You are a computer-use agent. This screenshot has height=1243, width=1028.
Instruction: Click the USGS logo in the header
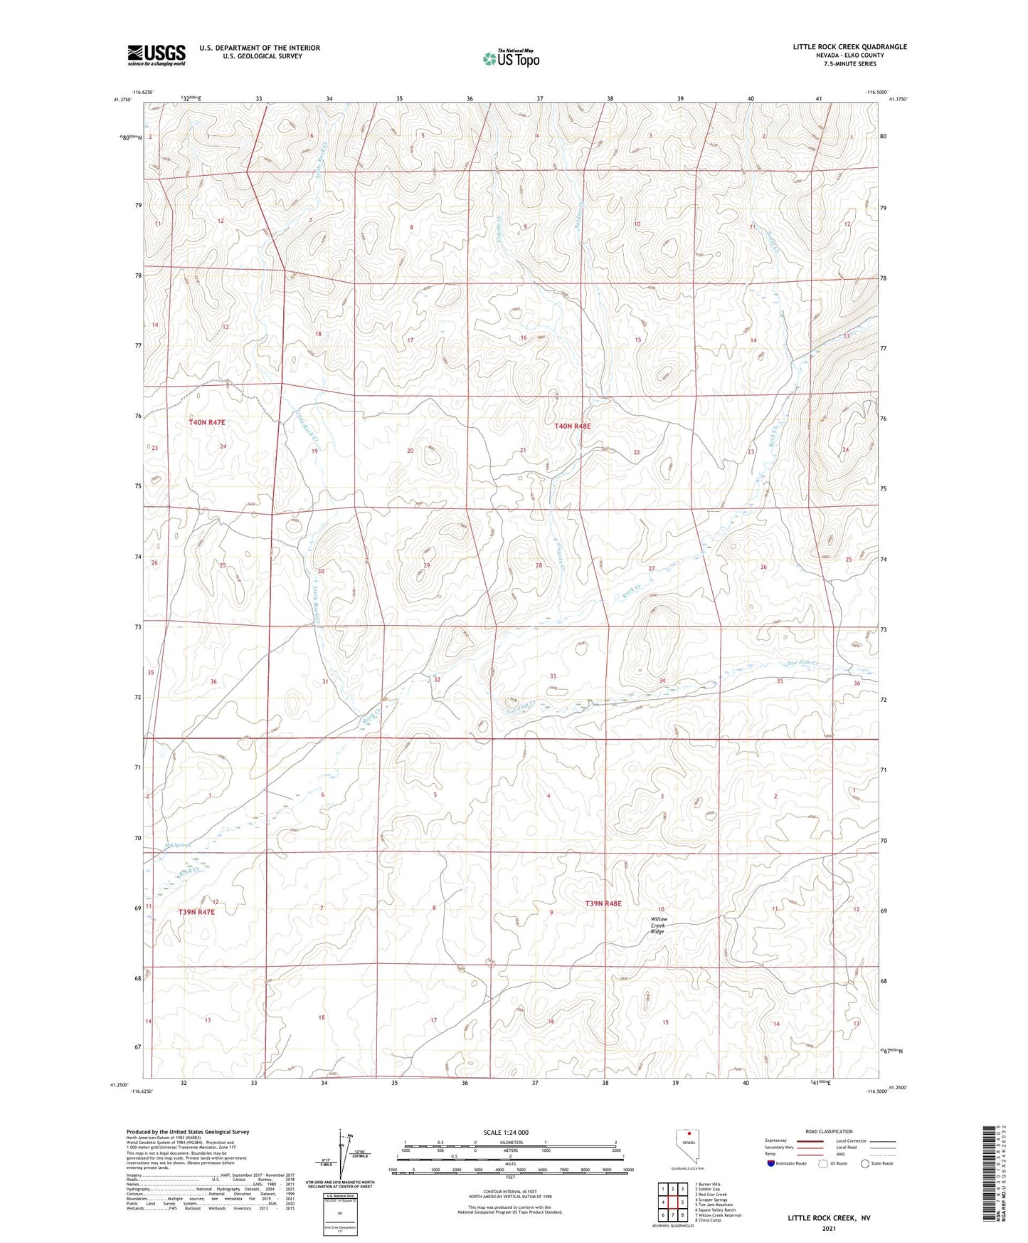[x=157, y=54]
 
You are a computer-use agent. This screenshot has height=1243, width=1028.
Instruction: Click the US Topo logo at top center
[x=511, y=58]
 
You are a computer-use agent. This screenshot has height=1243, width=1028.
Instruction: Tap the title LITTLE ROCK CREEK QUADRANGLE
[x=849, y=47]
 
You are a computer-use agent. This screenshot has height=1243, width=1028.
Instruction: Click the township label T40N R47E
[x=207, y=422]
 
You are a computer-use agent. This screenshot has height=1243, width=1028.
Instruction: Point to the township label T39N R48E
[x=603, y=903]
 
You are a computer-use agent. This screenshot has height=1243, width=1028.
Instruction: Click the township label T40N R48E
[x=573, y=426]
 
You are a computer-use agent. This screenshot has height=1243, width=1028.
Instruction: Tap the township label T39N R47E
[x=196, y=911]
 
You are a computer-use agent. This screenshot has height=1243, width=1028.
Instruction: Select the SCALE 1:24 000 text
[x=506, y=1133]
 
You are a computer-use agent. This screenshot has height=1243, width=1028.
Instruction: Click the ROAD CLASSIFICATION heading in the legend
[x=829, y=1131]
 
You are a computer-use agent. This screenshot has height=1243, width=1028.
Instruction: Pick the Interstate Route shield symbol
[x=772, y=1163]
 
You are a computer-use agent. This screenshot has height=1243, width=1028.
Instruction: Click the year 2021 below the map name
[x=828, y=1228]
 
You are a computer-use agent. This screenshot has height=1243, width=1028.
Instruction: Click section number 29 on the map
[x=427, y=565]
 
